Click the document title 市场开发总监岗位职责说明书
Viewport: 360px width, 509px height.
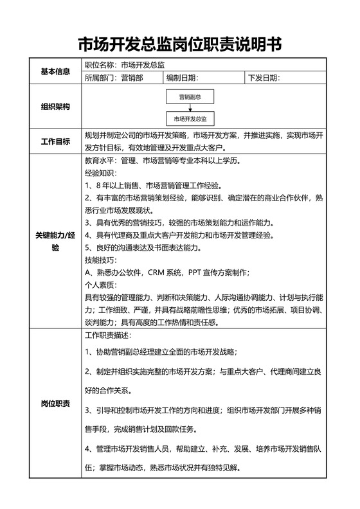pyautogui.click(x=179, y=44)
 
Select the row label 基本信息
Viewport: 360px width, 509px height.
pyautogui.click(x=55, y=71)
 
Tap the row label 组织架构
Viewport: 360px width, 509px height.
pyautogui.click(x=55, y=106)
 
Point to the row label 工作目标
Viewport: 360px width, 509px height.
pyautogui.click(x=55, y=141)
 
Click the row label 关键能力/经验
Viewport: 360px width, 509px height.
pyautogui.click(x=55, y=242)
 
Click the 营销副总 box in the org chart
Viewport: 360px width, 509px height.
pyautogui.click(x=190, y=97)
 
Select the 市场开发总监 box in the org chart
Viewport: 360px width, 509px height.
pyautogui.click(x=190, y=120)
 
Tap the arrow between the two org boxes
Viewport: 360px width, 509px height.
pyautogui.click(x=190, y=108)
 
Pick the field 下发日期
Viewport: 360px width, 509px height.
pyautogui.click(x=264, y=78)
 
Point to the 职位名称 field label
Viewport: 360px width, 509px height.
pyautogui.click(x=100, y=65)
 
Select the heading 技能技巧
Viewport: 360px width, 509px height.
pyautogui.click(x=100, y=260)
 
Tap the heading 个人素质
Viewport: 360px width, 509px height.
pyautogui.click(x=100, y=285)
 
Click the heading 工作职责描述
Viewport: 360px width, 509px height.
pyautogui.click(x=108, y=336)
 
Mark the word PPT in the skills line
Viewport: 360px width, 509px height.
pyautogui.click(x=195, y=272)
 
